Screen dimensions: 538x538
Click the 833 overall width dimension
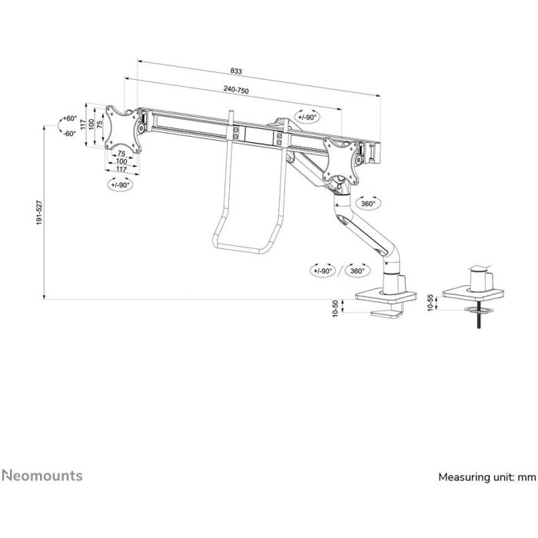pyautogui.click(x=236, y=71)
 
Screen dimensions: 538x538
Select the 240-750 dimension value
pyautogui.click(x=236, y=91)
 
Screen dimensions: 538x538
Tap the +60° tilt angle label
pyautogui.click(x=70, y=118)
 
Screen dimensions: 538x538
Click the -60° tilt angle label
pyautogui.click(x=70, y=133)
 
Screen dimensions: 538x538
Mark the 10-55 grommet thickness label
pyautogui.click(x=430, y=304)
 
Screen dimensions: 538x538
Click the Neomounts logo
pyautogui.click(x=42, y=476)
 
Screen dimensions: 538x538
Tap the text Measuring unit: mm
pyautogui.click(x=487, y=477)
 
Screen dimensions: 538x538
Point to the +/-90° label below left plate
pyautogui.click(x=121, y=184)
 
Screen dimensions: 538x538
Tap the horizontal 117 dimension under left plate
pyautogui.click(x=121, y=169)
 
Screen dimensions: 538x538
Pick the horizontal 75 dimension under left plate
pyautogui.click(x=121, y=154)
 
